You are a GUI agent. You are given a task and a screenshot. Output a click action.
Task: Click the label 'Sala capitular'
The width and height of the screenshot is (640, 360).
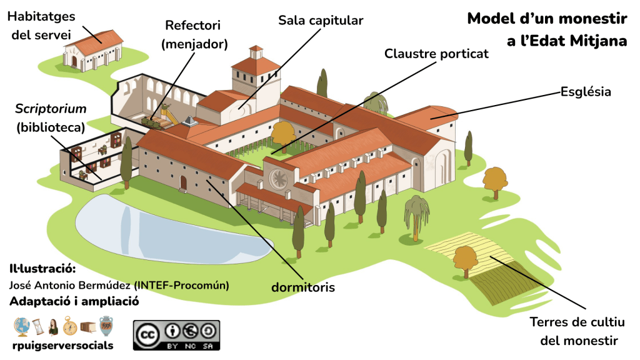click(321, 21)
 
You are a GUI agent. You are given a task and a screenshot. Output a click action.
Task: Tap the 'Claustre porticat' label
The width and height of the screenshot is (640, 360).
click(436, 53)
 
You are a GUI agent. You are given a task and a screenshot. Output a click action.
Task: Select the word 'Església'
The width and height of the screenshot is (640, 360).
click(586, 92)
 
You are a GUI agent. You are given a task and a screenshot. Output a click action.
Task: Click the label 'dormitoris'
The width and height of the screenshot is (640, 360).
click(303, 287)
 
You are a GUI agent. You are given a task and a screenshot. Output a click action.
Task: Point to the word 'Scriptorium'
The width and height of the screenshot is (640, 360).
click(51, 109)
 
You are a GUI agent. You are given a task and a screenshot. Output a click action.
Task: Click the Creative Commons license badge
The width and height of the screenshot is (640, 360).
click(176, 335)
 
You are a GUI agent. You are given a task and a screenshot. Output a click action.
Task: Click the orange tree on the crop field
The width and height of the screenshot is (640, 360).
click(465, 257)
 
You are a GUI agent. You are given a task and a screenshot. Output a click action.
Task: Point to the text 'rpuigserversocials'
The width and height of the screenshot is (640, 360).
click(62, 345)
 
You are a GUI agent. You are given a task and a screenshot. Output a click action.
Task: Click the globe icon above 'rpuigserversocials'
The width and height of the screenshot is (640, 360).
click(22, 326)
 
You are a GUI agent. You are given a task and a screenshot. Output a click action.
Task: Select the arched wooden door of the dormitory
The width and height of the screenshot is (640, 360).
click(183, 182)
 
